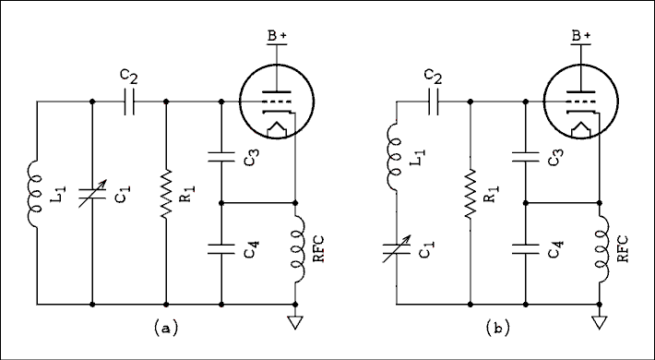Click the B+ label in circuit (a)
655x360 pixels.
pos(278,36)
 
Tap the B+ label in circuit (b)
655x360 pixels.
pos(581,36)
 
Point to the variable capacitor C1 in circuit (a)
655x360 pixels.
pos(92,198)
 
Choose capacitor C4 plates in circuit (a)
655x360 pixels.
pos(221,246)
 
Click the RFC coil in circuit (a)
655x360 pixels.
pos(295,249)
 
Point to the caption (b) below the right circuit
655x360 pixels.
pos(497,328)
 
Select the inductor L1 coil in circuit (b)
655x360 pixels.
pos(396,157)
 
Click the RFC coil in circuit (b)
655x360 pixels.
pos(600,249)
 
